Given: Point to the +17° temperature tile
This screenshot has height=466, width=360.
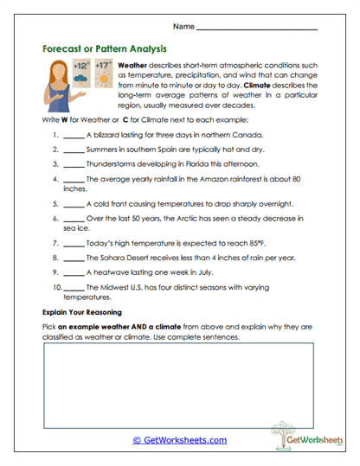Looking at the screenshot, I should (x=103, y=72).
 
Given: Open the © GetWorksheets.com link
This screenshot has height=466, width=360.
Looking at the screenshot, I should (x=180, y=440).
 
